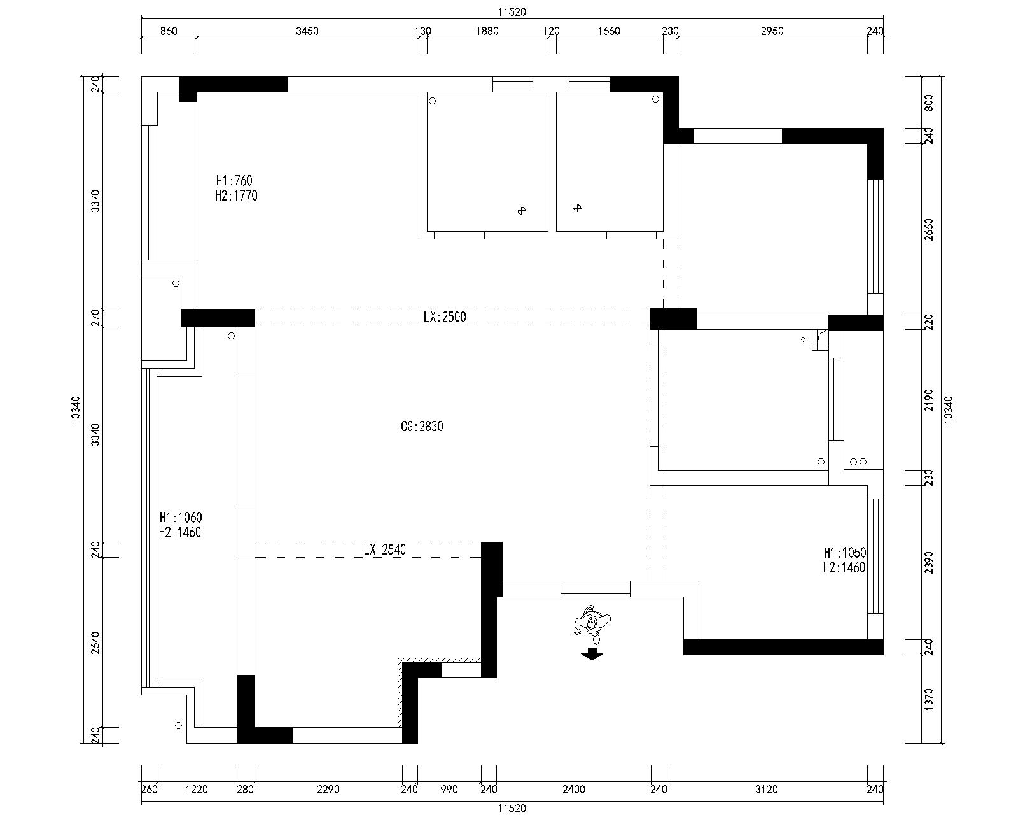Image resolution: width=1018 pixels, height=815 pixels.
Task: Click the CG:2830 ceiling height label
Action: (422, 427)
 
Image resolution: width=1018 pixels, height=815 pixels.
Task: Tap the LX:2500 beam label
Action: (445, 317)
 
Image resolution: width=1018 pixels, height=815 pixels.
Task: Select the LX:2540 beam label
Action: (384, 549)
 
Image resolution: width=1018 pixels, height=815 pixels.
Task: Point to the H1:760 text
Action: (234, 180)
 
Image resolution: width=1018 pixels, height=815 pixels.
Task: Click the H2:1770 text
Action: (236, 195)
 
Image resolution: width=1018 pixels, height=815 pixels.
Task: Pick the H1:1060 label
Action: (181, 517)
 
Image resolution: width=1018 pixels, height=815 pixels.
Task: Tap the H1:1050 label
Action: (845, 553)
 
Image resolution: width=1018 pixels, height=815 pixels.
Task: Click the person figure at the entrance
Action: (592, 624)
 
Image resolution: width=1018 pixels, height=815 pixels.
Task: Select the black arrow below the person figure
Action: (592, 655)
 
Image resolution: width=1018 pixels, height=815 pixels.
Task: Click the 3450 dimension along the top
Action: (307, 31)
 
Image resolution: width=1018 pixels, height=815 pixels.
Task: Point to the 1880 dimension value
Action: (487, 31)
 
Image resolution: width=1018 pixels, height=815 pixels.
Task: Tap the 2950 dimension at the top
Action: (772, 31)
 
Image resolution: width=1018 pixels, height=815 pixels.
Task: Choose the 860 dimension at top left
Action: (169, 31)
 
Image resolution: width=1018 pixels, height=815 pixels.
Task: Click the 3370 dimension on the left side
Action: (95, 201)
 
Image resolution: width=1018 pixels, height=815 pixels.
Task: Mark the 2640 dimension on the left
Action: (95, 642)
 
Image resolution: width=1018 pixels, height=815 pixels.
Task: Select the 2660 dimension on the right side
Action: (929, 229)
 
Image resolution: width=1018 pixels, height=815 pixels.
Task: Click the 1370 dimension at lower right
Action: (929, 699)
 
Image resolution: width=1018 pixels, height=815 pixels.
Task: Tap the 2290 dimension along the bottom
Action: (328, 790)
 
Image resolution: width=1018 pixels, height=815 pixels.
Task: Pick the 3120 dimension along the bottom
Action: (766, 790)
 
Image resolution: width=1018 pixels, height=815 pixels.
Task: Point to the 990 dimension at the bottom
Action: (449, 790)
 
